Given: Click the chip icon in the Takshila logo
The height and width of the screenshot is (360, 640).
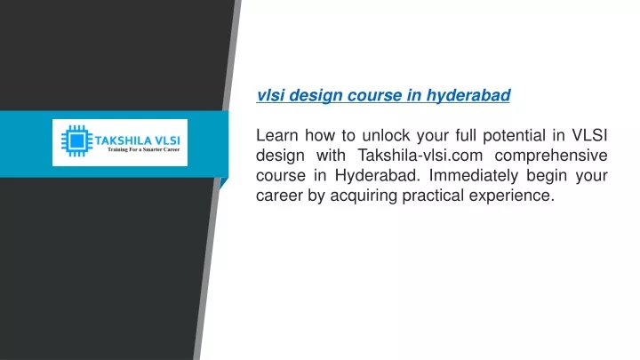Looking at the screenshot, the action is tap(76, 141).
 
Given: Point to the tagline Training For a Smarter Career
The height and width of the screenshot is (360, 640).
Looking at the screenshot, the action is tap(143, 150).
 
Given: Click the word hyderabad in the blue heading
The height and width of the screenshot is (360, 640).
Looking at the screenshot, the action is tap(468, 95).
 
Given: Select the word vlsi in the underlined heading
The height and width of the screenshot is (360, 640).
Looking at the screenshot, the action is tap(270, 95).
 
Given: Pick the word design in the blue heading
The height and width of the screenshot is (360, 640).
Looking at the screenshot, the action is tap(316, 95).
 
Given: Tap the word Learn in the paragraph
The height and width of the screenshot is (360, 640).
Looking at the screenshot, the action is tap(276, 135).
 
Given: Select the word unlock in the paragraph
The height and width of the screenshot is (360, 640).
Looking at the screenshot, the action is tap(386, 135).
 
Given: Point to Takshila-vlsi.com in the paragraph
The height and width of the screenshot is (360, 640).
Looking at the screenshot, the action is tap(420, 155).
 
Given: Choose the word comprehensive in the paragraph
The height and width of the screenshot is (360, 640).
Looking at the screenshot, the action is tap(551, 156).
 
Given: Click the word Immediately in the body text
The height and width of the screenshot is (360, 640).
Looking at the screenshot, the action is tap(474, 176).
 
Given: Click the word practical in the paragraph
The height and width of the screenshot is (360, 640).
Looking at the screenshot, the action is tap(433, 196).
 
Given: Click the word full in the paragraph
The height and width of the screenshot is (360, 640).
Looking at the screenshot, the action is tap(466, 135).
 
